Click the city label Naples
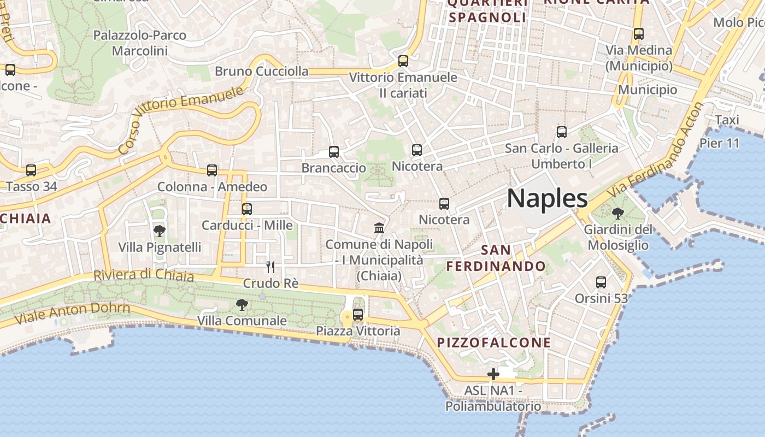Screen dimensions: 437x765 548,198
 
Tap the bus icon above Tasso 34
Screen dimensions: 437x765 31,170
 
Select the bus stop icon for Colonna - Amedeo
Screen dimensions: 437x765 212,170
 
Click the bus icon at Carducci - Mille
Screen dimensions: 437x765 247,209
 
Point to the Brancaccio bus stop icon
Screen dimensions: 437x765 334,152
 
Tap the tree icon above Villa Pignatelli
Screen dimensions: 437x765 160,231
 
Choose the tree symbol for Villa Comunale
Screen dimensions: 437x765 242,305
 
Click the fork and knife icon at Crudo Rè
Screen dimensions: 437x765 270,267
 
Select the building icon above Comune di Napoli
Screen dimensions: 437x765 379,228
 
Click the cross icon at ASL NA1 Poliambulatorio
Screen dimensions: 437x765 493,374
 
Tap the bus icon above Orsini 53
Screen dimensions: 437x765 601,282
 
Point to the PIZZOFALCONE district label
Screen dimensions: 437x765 494,342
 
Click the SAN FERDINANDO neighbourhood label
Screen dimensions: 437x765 496,258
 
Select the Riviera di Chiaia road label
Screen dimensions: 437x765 144,274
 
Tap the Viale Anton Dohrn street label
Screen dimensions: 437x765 72,313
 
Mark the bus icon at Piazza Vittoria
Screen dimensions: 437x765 358,315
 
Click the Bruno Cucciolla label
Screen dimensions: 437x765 261,71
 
